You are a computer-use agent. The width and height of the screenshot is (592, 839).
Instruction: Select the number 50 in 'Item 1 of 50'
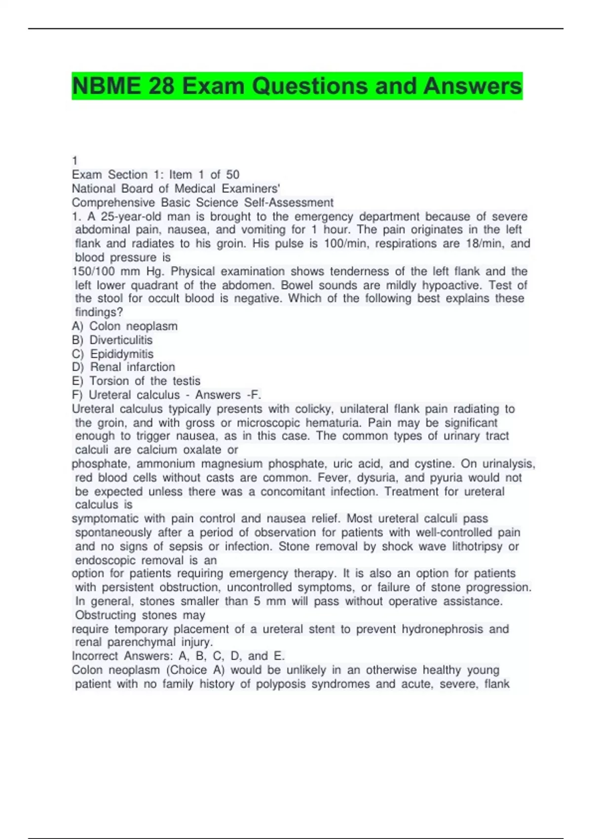tap(232, 175)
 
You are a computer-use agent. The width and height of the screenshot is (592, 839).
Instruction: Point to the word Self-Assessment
tap(289, 202)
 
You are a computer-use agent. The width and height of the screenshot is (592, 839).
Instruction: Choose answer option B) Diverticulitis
tap(112, 340)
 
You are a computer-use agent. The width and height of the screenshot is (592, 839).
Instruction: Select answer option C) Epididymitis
tap(113, 354)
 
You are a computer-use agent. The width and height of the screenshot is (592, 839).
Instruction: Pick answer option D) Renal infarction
tap(123, 367)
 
